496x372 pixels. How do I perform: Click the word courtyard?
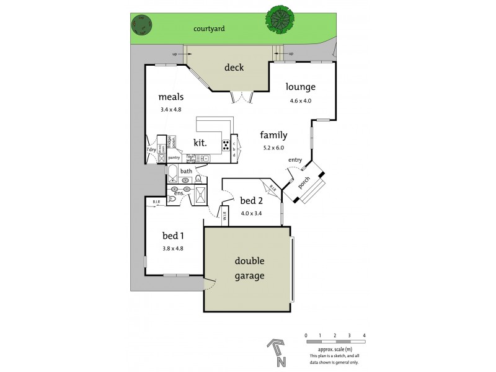pyautogui.click(x=208, y=29)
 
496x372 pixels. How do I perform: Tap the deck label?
pyautogui.click(x=234, y=68)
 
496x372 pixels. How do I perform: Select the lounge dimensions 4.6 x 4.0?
pyautogui.click(x=300, y=100)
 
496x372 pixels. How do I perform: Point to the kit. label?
pyautogui.click(x=200, y=143)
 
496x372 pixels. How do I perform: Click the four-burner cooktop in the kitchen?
pyautogui.click(x=226, y=146)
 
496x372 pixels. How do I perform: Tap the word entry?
pyautogui.click(x=294, y=161)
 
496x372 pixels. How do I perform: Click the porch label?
pyautogui.click(x=304, y=183)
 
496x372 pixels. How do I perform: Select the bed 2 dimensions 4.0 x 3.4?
pyautogui.click(x=251, y=213)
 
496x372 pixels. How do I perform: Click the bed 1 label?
pyautogui.click(x=173, y=236)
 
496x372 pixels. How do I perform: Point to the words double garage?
pyautogui.click(x=249, y=269)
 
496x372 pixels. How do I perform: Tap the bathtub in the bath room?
pyautogui.click(x=172, y=172)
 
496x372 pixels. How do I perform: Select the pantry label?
pyautogui.click(x=174, y=157)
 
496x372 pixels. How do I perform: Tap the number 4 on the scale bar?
pyautogui.click(x=364, y=335)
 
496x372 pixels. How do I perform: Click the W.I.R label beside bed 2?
pyautogui.click(x=226, y=217)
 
